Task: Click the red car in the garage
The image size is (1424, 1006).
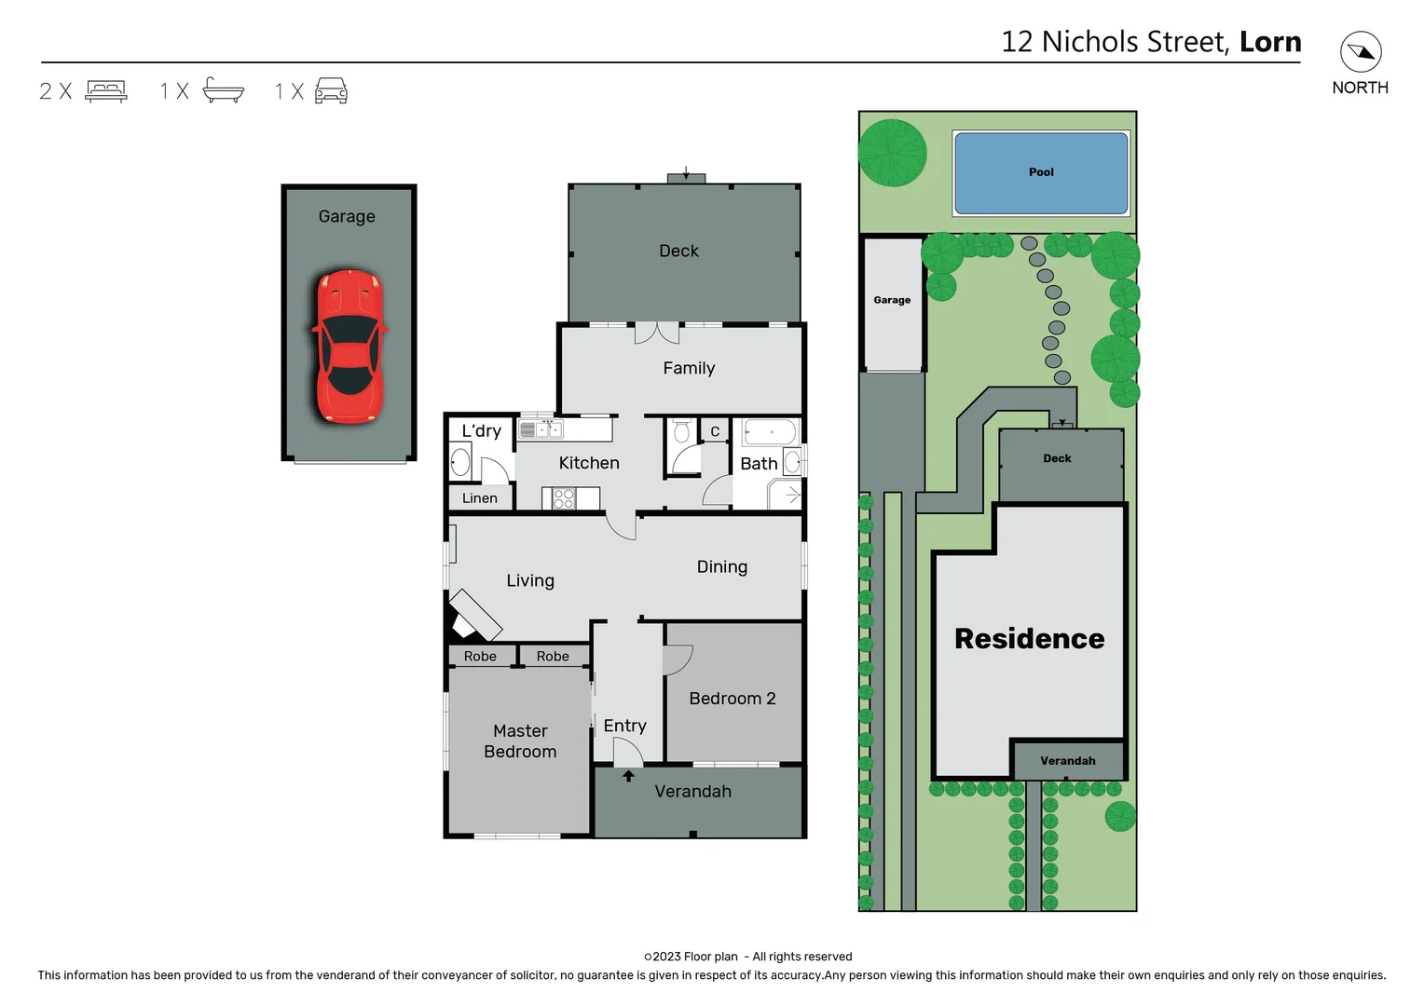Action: pos(349,347)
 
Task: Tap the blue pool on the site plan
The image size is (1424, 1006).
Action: pos(1041,173)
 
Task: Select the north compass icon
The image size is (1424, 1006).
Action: pos(1361,52)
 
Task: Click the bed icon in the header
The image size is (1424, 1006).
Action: pos(106,90)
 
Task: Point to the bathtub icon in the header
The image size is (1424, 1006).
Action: pos(224,90)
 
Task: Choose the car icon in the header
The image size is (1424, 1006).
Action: pos(331,90)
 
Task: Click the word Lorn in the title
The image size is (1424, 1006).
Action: pos(1270,42)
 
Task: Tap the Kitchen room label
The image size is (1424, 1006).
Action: pos(588,463)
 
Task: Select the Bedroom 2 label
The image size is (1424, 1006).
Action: pos(732,699)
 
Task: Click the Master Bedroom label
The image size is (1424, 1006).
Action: pos(520,741)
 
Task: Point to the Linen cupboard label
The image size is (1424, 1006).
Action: pos(479,498)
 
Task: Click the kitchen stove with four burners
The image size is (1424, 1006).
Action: pos(563,498)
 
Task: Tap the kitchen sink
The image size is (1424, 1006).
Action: pos(541,429)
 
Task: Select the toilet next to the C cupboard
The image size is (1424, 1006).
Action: pos(681,431)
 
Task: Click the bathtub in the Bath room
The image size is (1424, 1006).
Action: pos(771,432)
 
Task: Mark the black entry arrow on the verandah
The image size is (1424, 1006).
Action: pos(628,776)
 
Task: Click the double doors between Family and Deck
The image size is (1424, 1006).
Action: pos(657,332)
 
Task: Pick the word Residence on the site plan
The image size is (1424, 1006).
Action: pos(1029,639)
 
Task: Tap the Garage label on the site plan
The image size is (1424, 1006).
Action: pos(892,300)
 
